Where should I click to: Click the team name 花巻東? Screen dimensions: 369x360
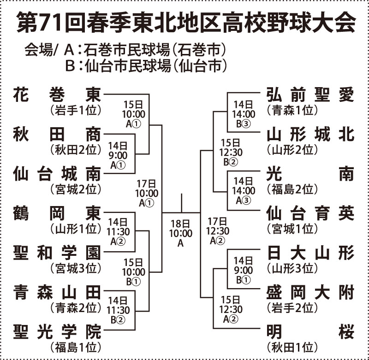(57, 94)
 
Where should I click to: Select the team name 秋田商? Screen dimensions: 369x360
(57, 134)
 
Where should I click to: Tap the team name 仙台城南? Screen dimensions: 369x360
(57, 173)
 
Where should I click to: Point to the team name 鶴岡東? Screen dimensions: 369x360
(57, 213)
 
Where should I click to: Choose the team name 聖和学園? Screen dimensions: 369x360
(57, 253)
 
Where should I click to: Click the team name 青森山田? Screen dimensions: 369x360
(57, 292)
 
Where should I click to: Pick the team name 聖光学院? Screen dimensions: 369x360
(57, 331)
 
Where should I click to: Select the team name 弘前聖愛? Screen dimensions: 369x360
(310, 94)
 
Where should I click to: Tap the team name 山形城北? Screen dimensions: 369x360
(310, 134)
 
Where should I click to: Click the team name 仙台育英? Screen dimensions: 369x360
(310, 213)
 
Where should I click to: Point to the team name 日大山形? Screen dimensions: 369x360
(310, 253)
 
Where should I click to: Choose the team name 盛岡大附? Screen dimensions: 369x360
(310, 292)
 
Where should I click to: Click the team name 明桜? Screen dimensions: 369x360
(310, 331)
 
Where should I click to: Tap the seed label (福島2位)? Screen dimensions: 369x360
(292, 189)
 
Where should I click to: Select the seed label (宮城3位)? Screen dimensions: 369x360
(76, 268)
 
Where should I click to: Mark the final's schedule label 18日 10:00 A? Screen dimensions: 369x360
(180, 233)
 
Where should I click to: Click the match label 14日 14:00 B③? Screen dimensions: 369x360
(244, 114)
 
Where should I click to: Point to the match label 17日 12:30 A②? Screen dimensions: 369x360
(218, 231)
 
